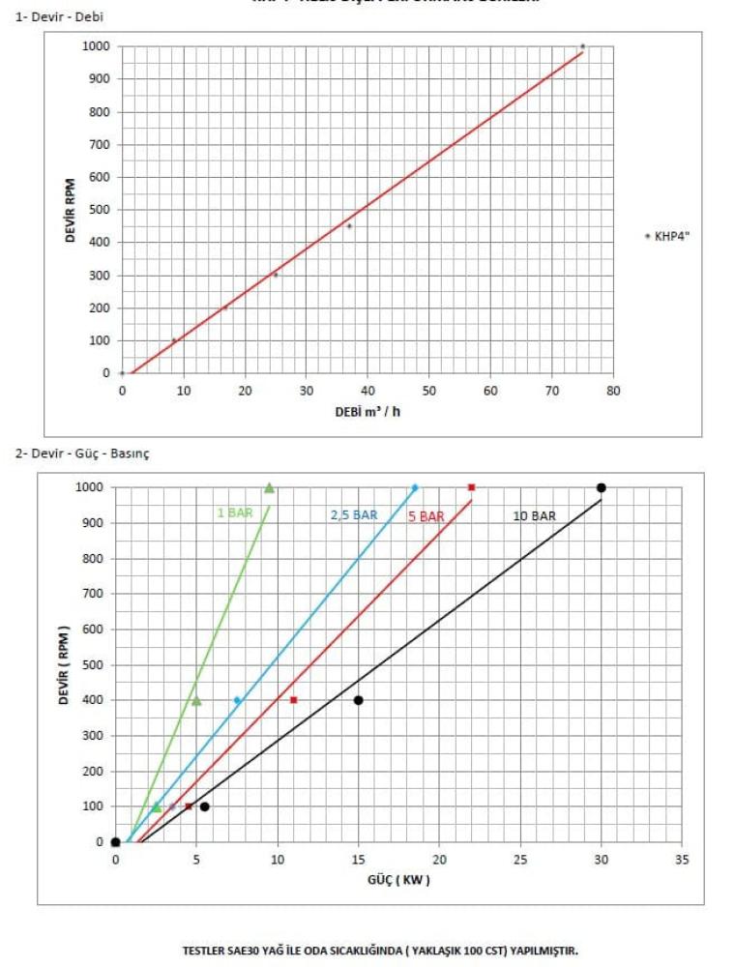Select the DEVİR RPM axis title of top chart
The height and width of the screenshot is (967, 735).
coord(72,209)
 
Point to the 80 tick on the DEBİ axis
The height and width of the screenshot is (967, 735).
coord(613,391)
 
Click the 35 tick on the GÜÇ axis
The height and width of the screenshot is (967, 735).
coord(682,860)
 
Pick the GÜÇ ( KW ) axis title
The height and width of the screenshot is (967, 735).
coord(397,880)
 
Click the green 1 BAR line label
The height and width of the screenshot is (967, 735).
coord(234,513)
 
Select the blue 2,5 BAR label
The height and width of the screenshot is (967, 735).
coord(354,515)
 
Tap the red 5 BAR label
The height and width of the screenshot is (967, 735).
coord(426,516)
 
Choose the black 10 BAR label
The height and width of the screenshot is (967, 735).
coord(534,516)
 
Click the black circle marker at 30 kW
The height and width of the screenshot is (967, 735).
coord(602,487)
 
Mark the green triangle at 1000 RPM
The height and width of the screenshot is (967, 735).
coord(269,487)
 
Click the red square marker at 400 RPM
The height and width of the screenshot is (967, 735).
coord(293,699)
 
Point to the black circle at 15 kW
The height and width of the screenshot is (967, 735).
coord(358,700)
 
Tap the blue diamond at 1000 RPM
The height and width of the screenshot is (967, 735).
coord(415,487)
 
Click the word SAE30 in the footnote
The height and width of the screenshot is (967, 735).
coord(247,950)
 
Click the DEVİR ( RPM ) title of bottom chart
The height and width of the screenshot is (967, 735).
coord(64,664)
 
